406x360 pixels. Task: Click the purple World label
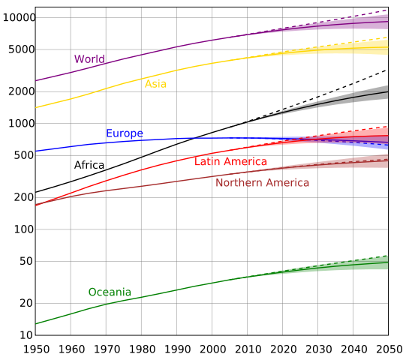(x=89, y=59)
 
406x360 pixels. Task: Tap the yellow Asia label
(x=155, y=84)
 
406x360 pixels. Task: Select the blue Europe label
(x=124, y=134)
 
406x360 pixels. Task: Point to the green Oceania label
(x=110, y=292)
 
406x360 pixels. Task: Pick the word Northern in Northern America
(x=238, y=183)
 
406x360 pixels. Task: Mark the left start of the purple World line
(x=36, y=80)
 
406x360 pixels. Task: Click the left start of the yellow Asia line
(x=36, y=107)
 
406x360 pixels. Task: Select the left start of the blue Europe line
(x=36, y=151)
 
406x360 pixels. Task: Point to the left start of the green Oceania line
(x=36, y=324)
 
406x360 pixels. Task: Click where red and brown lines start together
(x=36, y=205)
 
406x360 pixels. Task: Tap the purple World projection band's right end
(x=387, y=22)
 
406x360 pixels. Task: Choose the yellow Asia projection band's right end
(x=387, y=48)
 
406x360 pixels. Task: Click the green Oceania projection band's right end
(x=387, y=262)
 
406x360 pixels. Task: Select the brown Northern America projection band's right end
(x=387, y=161)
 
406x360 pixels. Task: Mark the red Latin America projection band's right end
(x=387, y=133)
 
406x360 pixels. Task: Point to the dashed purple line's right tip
(x=387, y=10)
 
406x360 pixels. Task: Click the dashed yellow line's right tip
(x=387, y=37)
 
